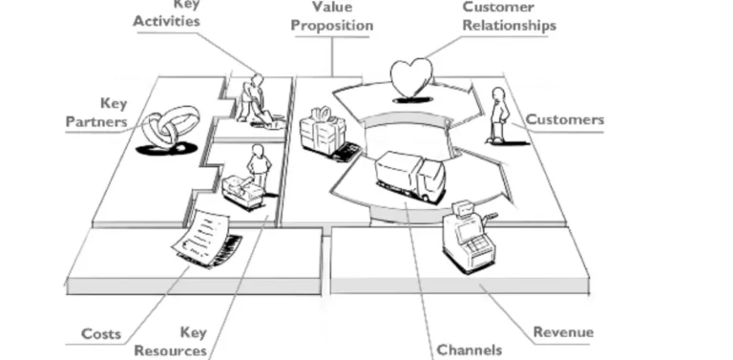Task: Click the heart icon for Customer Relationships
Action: point(411,77)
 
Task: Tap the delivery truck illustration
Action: point(409,177)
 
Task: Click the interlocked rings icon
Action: point(169,132)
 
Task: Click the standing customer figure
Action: point(497,115)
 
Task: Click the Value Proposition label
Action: point(331,16)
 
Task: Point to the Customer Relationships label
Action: point(508,16)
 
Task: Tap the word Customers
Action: point(565,119)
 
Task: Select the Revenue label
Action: point(563,332)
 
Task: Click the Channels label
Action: point(468,349)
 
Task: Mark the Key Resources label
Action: point(172,342)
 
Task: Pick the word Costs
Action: point(101,333)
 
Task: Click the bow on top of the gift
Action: point(320,114)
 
